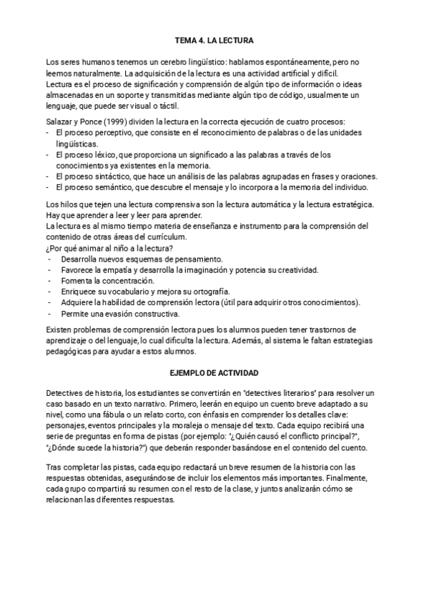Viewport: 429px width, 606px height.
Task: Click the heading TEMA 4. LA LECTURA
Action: click(214, 41)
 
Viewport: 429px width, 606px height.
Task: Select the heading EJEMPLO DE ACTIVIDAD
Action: click(214, 373)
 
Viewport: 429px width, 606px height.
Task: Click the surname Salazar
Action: click(59, 121)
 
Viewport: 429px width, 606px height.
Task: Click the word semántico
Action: click(111, 187)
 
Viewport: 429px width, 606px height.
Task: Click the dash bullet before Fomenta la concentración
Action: click(49, 280)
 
